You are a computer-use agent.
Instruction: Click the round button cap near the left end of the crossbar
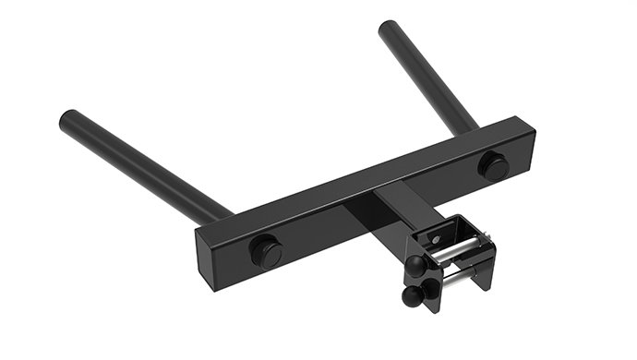tap(266, 250)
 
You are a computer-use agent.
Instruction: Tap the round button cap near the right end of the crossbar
tap(493, 165)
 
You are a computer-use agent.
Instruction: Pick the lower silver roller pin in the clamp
tap(451, 278)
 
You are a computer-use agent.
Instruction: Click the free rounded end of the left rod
tap(69, 120)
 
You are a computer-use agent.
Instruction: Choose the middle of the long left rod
tap(143, 166)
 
